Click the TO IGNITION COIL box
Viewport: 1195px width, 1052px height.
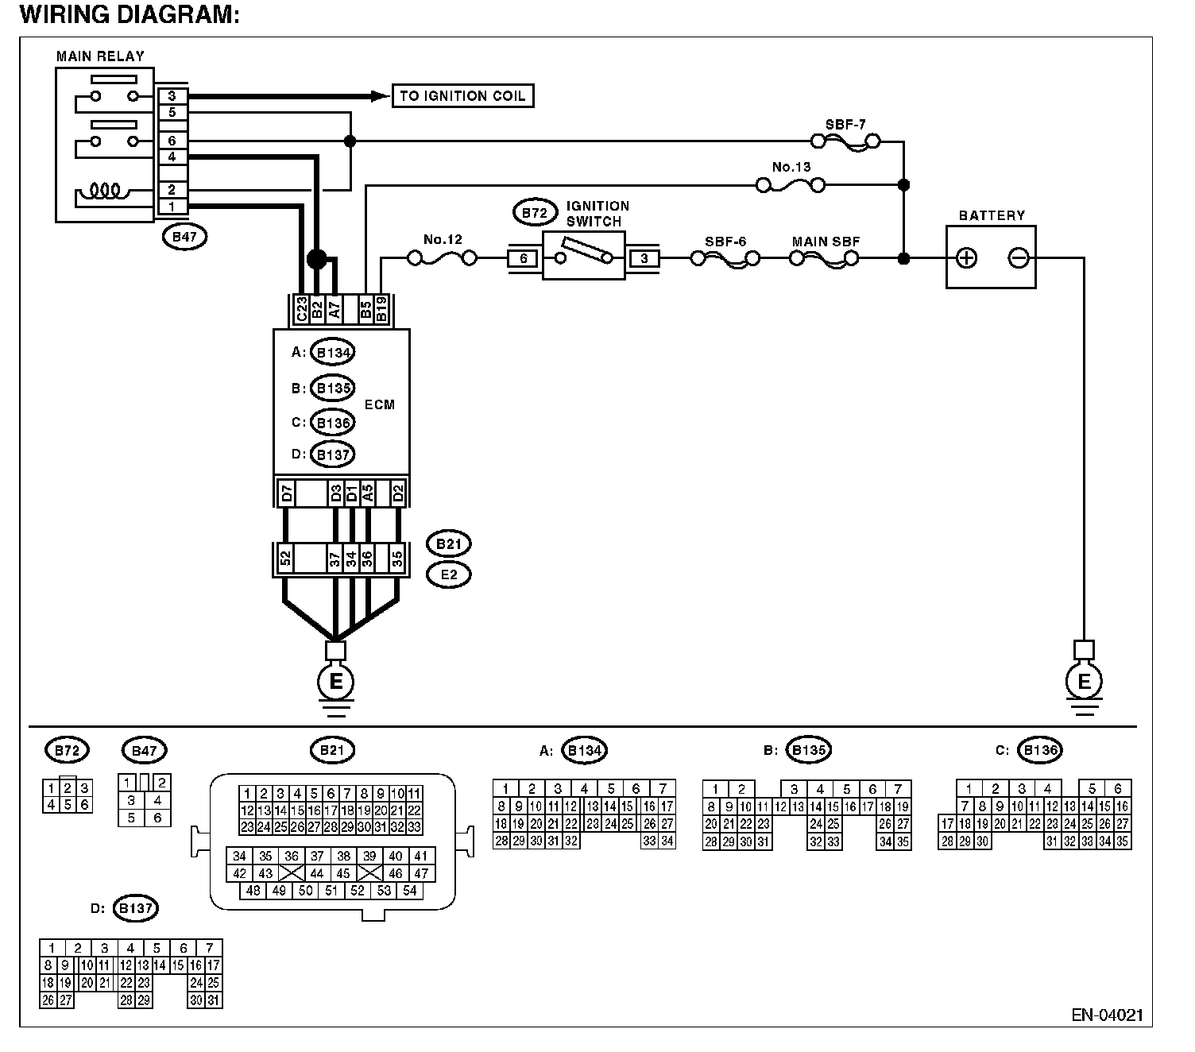(462, 96)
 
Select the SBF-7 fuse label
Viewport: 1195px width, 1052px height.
(845, 125)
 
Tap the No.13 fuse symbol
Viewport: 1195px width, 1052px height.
(790, 185)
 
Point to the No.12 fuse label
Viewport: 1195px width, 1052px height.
(443, 239)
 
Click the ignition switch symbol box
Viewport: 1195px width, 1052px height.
(584, 256)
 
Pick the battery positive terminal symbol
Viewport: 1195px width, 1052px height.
(966, 257)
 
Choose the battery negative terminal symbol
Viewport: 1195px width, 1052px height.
(1019, 257)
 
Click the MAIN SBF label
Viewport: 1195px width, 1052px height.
(826, 242)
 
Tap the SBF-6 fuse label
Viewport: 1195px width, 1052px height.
(725, 242)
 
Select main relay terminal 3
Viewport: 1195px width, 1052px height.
(172, 96)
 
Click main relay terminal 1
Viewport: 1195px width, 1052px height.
(172, 207)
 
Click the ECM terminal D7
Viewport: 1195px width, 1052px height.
(287, 493)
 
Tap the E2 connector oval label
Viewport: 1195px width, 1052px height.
(449, 574)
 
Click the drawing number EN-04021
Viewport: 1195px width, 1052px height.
(1107, 1015)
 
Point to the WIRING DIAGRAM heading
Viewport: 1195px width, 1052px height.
(129, 15)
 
